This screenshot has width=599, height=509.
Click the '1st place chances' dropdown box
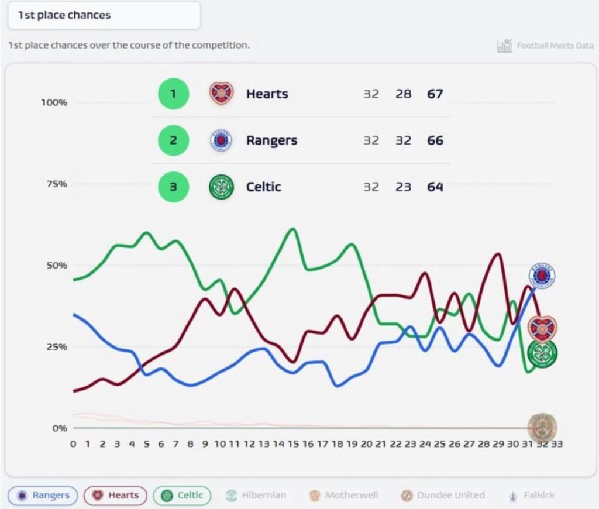104,16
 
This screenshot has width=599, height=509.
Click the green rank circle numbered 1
173,94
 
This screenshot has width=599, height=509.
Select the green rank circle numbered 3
173,187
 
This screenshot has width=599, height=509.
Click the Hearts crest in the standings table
221,94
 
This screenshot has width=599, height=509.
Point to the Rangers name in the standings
271,140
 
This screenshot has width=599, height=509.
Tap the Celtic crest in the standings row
221,187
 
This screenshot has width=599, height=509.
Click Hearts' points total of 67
435,94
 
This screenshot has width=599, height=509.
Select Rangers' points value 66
435,140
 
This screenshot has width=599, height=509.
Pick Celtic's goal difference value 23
403,187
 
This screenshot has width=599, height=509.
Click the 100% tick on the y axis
54,102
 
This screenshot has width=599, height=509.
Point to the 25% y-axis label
57,346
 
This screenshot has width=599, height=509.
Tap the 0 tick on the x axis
73,444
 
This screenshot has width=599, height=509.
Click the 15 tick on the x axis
293,444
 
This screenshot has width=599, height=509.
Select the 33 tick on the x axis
557,444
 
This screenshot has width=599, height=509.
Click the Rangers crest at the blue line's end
542,276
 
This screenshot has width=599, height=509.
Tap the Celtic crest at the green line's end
542,353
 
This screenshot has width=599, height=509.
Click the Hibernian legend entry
256,496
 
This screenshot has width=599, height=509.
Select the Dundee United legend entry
443,496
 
